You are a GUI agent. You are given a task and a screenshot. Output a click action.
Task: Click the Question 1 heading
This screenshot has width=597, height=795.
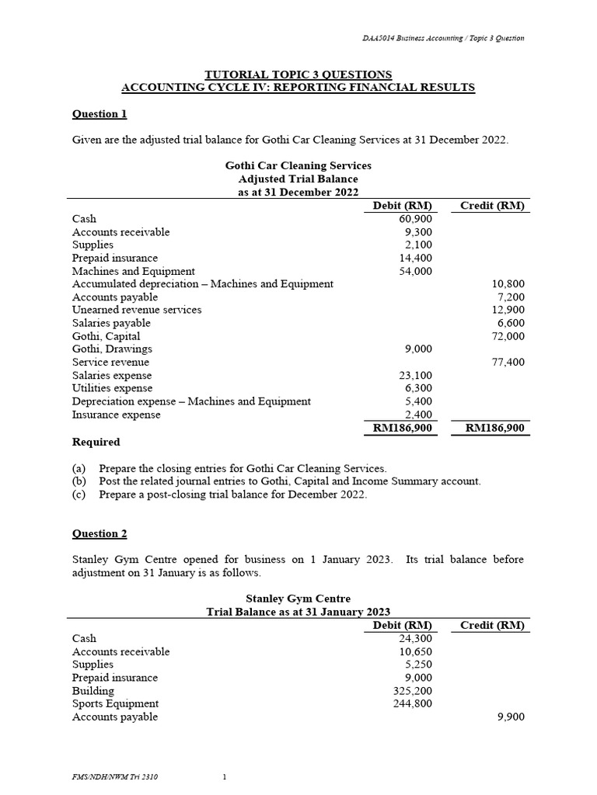[x=99, y=114]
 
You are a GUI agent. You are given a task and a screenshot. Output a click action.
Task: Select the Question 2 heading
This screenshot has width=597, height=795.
[x=99, y=533]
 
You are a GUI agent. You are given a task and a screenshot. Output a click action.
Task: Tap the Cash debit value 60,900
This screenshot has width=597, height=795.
[x=414, y=219]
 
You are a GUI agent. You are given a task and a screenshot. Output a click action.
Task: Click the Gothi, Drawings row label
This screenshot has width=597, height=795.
[x=112, y=349]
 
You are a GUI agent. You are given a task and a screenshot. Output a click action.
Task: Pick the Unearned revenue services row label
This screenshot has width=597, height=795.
[x=137, y=310]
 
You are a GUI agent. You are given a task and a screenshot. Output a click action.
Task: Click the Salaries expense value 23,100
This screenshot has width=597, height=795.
[x=414, y=375]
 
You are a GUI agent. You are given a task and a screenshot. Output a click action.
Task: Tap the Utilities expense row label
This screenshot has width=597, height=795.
[x=112, y=388]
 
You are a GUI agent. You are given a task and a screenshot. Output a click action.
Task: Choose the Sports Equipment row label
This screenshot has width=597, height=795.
[x=115, y=703]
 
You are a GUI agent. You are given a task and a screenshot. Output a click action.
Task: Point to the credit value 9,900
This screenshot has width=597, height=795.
[x=511, y=717]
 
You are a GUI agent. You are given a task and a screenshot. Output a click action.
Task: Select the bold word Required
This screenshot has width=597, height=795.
[x=96, y=442]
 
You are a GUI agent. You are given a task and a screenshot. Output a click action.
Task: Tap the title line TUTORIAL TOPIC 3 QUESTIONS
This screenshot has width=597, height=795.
[x=298, y=74]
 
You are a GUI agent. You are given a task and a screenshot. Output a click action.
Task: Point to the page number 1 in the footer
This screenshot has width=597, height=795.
[x=224, y=776]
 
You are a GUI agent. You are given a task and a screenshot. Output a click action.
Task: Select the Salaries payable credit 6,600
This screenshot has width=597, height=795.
[x=510, y=323]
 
